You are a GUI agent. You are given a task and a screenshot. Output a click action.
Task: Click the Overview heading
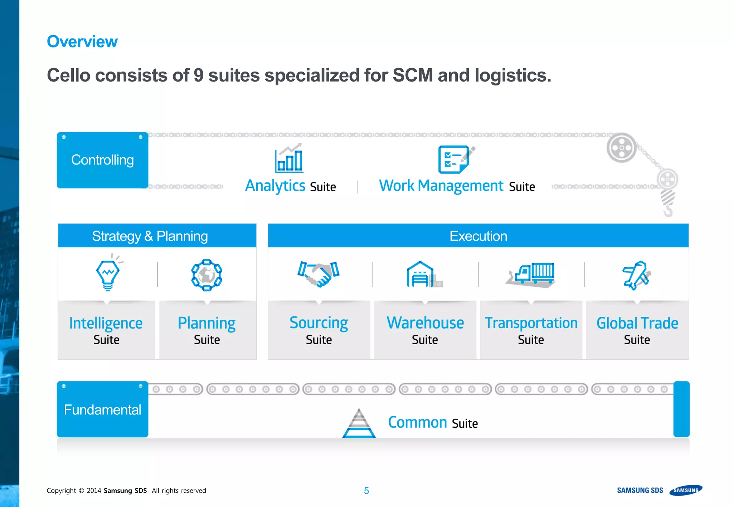click(x=82, y=41)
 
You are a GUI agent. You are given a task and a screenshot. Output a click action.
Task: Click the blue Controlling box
click(x=102, y=160)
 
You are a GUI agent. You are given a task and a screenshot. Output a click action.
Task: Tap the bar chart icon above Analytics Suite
click(x=289, y=158)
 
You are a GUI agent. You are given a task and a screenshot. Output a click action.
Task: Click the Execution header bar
click(x=478, y=236)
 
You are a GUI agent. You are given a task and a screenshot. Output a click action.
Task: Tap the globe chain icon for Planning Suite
click(x=207, y=275)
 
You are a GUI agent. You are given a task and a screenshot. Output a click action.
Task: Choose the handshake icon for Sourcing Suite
click(x=319, y=274)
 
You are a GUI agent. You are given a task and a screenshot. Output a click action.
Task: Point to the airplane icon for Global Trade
click(x=636, y=275)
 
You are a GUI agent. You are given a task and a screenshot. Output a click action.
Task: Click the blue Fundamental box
click(x=102, y=409)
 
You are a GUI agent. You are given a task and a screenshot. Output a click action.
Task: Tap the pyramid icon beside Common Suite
click(x=359, y=424)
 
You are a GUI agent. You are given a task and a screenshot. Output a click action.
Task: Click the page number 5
click(x=366, y=491)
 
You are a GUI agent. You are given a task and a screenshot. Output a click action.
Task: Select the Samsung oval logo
click(x=686, y=490)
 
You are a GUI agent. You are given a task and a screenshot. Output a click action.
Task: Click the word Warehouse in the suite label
click(x=425, y=323)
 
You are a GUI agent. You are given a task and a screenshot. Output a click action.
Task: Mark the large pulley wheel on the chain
click(x=621, y=148)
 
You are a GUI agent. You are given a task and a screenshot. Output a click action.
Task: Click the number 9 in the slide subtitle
click(x=198, y=75)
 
